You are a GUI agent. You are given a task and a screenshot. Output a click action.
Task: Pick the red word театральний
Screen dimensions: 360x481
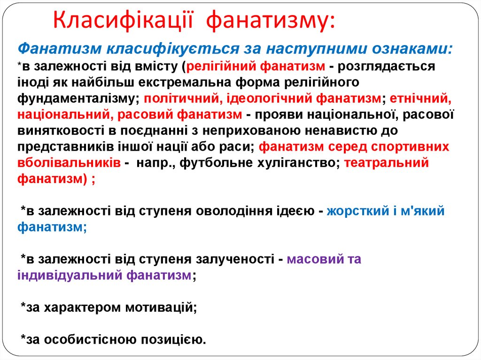point(387,163)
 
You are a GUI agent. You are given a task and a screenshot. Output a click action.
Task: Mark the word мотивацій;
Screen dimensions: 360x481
point(161,308)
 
